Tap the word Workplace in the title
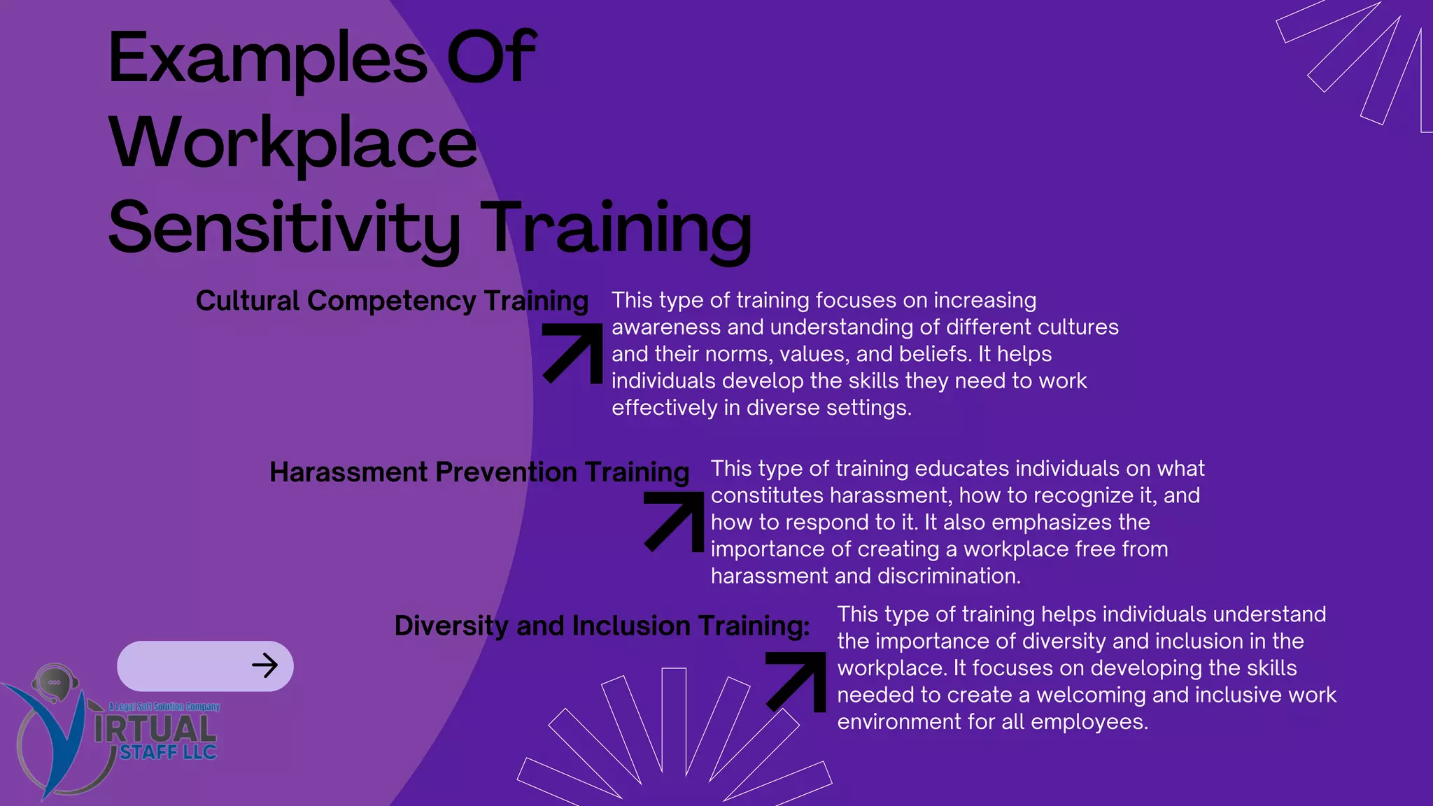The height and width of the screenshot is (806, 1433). coord(292,144)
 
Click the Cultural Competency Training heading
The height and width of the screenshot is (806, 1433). coord(392,301)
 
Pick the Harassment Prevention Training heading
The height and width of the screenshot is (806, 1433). coord(479,472)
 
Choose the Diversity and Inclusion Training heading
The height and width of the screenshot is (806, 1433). coord(602,625)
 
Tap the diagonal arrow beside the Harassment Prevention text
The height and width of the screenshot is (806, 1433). coord(675,521)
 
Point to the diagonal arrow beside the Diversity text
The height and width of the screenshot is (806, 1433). coord(797,681)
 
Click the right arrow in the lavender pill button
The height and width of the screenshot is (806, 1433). coord(264,665)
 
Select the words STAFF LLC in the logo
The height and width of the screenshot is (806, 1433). coord(168,753)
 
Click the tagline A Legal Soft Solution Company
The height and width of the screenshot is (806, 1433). coord(164,707)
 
